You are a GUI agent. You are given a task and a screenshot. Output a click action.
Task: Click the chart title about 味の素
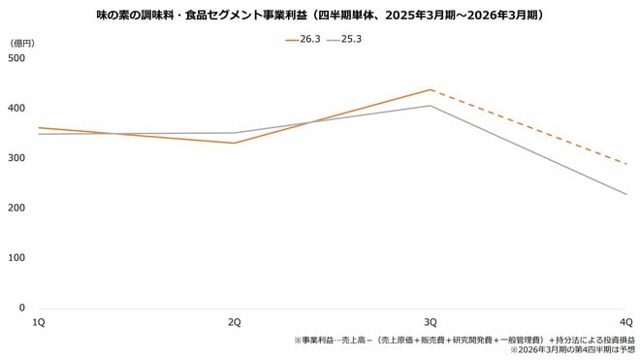click(x=320, y=16)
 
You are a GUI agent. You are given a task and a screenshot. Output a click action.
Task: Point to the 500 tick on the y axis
click(x=16, y=58)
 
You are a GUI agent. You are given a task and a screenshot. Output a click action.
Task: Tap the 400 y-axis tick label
click(x=16, y=108)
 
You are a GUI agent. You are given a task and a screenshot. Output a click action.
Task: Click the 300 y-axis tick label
click(x=16, y=158)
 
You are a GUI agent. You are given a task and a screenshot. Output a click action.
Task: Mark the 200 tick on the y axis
click(x=16, y=208)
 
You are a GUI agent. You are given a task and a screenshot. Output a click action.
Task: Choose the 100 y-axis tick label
click(x=16, y=258)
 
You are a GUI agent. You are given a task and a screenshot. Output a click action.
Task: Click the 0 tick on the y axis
click(x=20, y=308)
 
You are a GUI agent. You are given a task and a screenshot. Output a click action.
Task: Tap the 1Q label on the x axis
click(x=39, y=321)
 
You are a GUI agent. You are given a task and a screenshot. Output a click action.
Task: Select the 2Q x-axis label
click(x=234, y=321)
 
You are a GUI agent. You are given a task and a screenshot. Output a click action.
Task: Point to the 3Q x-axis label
click(x=431, y=321)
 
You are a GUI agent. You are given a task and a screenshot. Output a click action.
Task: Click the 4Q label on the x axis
click(x=626, y=321)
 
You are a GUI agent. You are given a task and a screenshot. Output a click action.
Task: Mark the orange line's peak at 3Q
click(x=431, y=89)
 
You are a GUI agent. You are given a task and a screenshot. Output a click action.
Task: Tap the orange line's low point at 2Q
click(x=234, y=143)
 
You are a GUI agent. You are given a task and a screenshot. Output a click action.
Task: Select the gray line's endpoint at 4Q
click(x=626, y=194)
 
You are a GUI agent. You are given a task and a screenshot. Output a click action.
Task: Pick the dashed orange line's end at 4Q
click(x=626, y=164)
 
